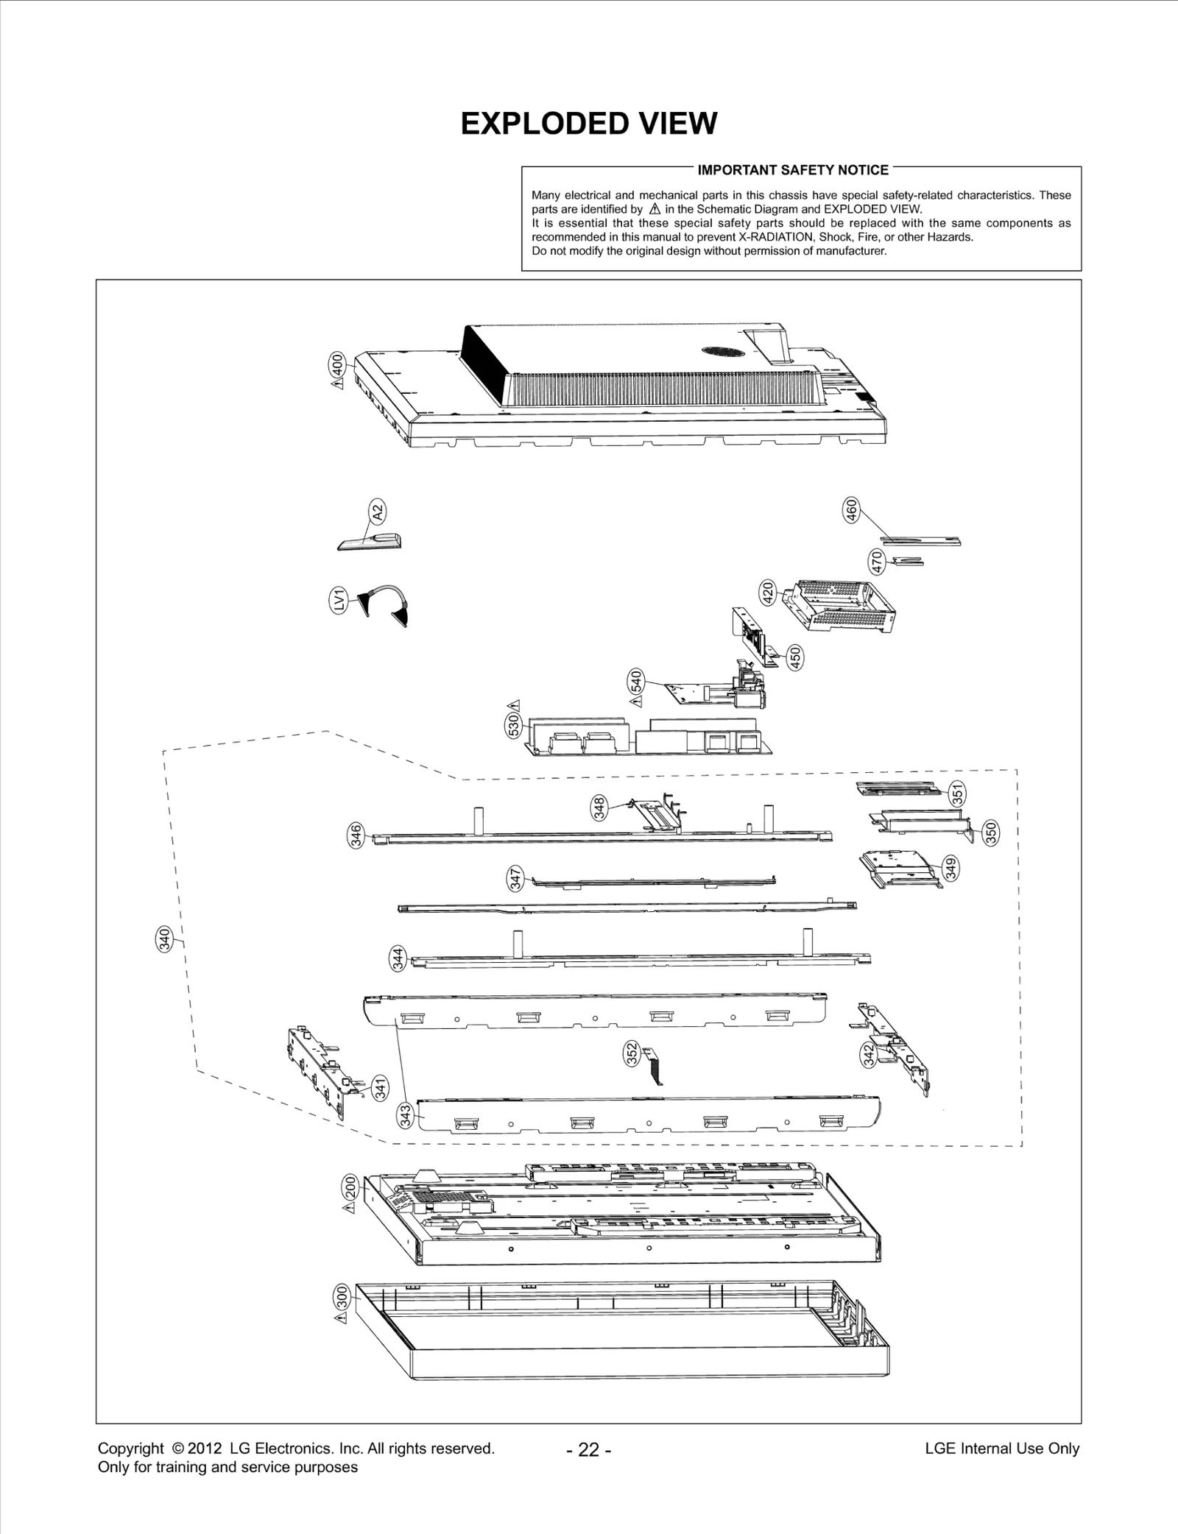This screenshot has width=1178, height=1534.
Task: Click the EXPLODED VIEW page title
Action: point(588,124)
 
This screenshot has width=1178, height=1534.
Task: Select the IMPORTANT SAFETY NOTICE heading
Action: point(792,170)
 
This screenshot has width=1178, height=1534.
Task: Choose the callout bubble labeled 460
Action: point(851,509)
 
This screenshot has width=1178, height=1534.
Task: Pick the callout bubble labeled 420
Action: point(767,593)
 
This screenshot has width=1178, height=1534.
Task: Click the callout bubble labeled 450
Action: point(794,657)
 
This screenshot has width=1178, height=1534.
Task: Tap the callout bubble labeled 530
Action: point(514,726)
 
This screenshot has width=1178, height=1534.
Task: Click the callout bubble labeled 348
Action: point(599,807)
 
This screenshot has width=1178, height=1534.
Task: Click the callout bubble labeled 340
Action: point(166,939)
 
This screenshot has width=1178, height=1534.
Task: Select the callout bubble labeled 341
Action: point(380,1088)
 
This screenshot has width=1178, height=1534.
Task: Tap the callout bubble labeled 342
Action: point(868,1054)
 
